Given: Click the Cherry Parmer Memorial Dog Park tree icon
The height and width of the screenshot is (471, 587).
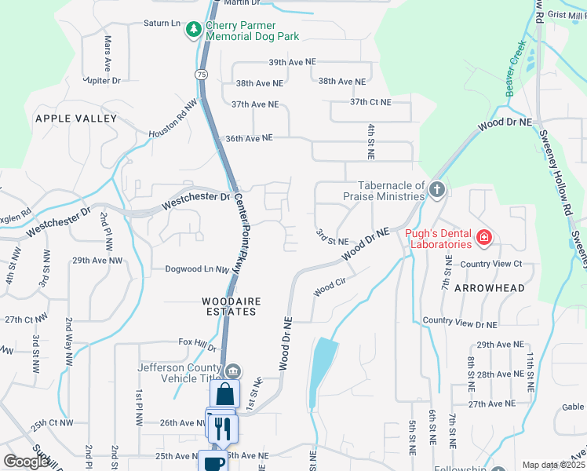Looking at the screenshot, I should point(193,30).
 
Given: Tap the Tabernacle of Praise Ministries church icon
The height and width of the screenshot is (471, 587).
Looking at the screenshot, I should point(437,189).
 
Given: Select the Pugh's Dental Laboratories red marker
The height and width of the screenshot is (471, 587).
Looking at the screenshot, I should point(484,236).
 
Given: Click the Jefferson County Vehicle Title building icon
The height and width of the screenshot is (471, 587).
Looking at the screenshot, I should point(232,371).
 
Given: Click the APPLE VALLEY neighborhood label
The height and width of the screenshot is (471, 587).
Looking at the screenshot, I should point(75,119).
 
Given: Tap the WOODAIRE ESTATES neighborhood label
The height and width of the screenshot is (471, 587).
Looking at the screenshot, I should point(229,306).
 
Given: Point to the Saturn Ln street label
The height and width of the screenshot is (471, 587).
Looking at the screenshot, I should point(162,24).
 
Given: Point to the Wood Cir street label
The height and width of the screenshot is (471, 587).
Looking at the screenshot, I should point(330,290).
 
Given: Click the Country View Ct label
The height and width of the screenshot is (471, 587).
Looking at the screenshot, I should point(490,264).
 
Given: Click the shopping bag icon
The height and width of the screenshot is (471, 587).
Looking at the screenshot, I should point(224,392).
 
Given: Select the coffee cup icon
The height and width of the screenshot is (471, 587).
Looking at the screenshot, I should point(213,462).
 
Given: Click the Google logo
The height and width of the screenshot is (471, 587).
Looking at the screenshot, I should point(27,462).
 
